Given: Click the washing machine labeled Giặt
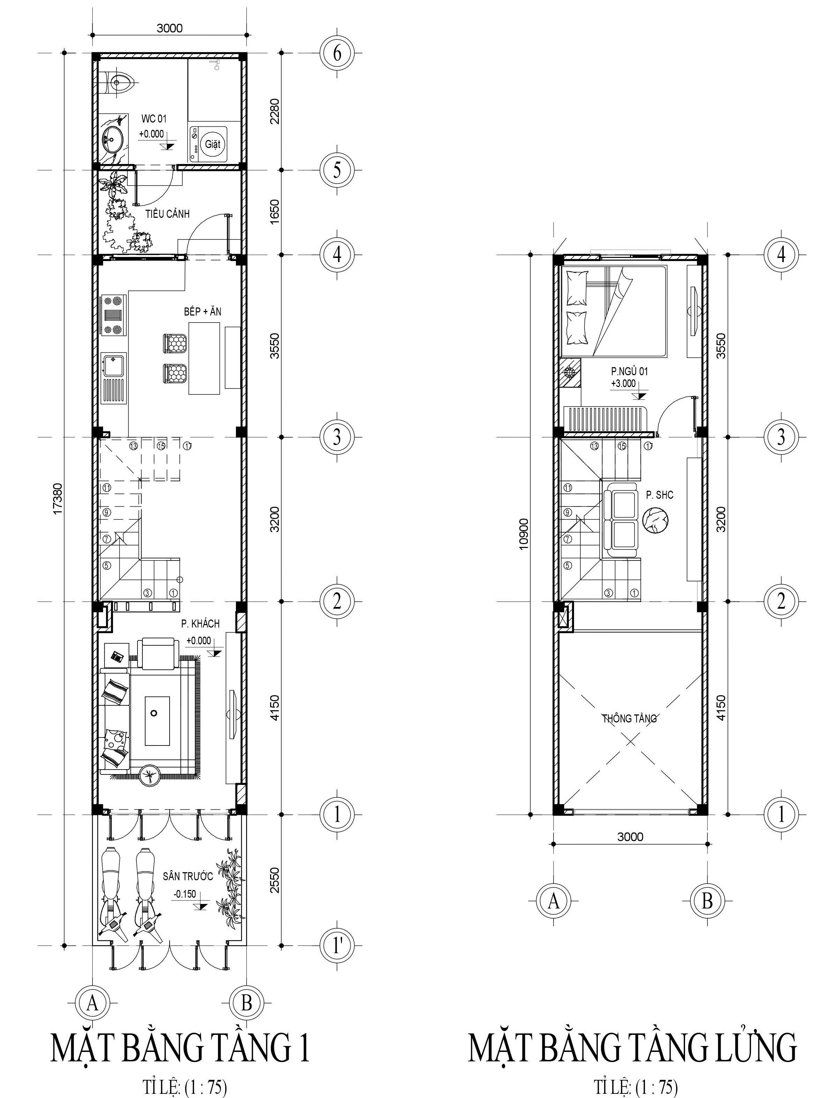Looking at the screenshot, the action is click(x=208, y=144).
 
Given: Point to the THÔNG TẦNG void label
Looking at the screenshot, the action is click(x=630, y=719).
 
